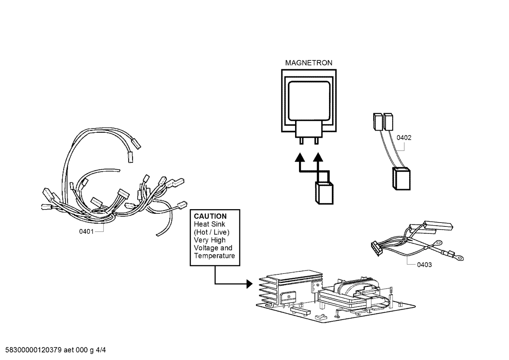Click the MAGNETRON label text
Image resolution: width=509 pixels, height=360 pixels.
click(x=309, y=63)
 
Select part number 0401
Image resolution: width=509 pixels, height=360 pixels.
click(x=86, y=232)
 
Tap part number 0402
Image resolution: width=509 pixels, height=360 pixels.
click(x=404, y=138)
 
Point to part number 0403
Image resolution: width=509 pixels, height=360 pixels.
click(x=424, y=265)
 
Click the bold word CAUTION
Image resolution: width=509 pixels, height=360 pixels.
click(x=210, y=216)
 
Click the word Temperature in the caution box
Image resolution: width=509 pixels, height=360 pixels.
click(x=214, y=256)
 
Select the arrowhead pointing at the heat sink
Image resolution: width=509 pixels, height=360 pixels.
click(x=249, y=284)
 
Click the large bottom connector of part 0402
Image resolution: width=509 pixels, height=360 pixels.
click(x=401, y=179)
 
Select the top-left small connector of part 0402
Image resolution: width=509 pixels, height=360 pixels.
click(x=377, y=121)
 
